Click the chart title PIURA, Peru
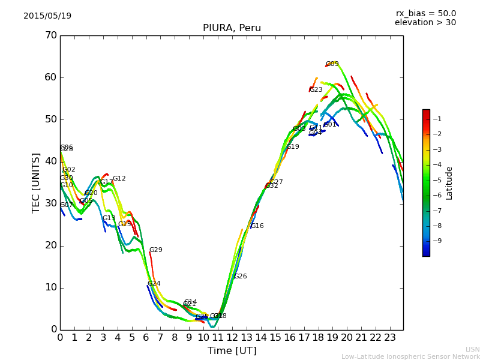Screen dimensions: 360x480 coord(232,28)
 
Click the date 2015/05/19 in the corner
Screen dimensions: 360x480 coord(47,16)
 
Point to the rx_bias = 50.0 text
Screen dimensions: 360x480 coord(426,13)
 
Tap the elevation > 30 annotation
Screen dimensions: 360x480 coord(425,23)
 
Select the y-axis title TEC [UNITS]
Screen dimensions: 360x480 coord(36,182)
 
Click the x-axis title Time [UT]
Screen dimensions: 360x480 coord(232,351)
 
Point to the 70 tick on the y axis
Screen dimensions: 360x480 coord(50,35)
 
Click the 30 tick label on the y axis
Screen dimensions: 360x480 coord(50,203)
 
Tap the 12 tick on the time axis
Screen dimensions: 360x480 coord(232,337)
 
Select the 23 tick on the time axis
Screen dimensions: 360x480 coord(390,337)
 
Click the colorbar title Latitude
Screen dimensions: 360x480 coord(449,183)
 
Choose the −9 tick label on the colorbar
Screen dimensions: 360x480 coord(437,241)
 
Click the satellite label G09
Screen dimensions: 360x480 coord(332,64)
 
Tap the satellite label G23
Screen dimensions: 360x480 coord(316,90)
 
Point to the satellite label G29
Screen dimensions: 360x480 coord(155,250)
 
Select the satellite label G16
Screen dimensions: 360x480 coord(257,226)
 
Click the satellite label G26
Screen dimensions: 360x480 coord(240,277)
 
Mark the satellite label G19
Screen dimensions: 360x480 coord(292,147)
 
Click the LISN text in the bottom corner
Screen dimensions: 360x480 coord(473,349)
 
